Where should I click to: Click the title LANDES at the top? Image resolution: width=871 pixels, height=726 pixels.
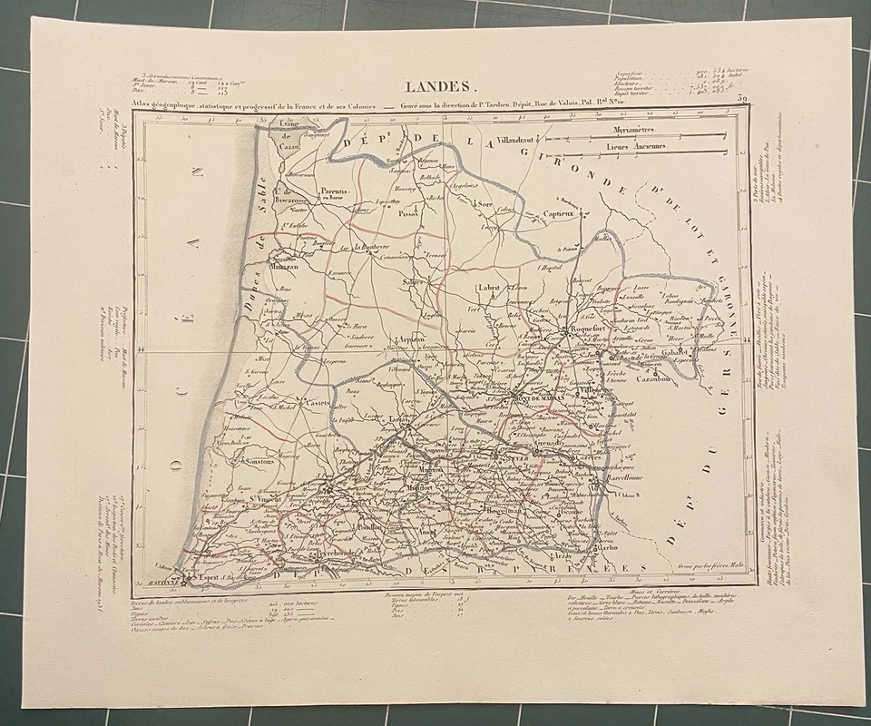[438, 88]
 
